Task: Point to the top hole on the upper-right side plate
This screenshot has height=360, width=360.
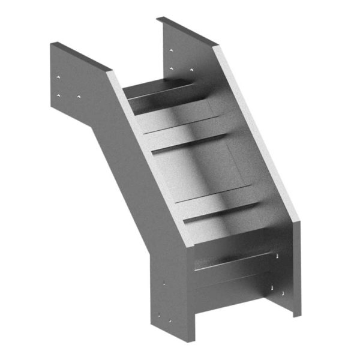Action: (172, 50)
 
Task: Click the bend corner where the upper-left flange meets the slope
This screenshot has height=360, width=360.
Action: (110, 71)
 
